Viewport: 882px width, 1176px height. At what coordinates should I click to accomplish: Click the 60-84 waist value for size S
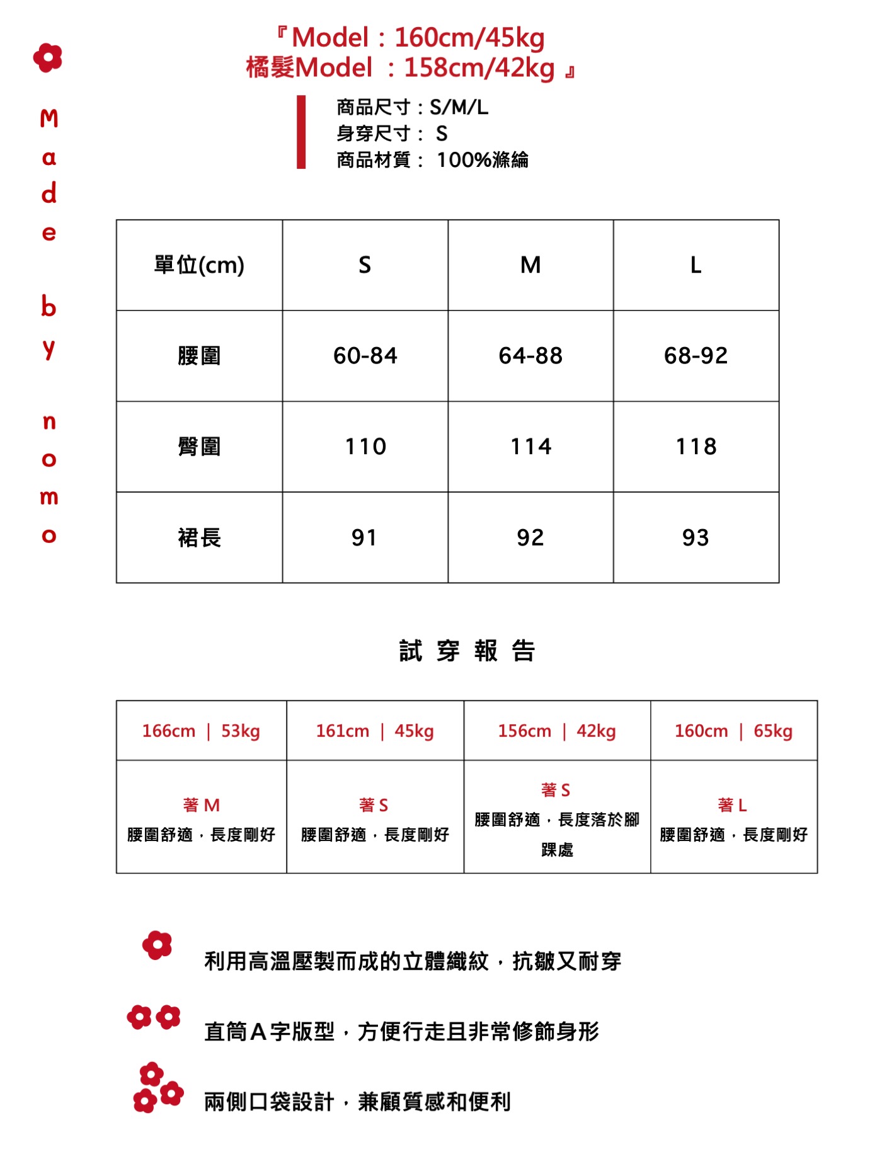click(365, 356)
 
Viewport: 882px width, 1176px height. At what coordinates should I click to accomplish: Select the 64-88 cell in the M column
click(530, 356)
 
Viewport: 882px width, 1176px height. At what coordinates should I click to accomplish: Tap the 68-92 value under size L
click(696, 356)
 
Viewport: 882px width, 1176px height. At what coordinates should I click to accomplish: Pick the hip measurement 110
click(365, 447)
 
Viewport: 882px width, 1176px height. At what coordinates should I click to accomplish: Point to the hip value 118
click(696, 447)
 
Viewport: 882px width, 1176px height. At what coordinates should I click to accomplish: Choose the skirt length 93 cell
click(696, 537)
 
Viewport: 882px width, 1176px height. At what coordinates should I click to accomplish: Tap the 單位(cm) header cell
click(199, 265)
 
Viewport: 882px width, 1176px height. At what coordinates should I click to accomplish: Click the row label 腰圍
click(199, 356)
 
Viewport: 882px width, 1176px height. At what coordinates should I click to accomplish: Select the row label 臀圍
click(199, 447)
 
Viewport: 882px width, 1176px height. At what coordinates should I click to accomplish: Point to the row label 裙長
click(199, 537)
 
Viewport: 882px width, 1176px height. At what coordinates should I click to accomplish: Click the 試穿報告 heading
click(467, 651)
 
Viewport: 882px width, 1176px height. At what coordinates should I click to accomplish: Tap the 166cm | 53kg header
click(201, 731)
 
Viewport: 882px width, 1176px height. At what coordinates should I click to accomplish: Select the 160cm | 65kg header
click(733, 731)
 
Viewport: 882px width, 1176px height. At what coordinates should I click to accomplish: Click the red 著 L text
click(732, 805)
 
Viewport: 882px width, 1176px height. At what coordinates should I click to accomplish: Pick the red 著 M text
click(201, 805)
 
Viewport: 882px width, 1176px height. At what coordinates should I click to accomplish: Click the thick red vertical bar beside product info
click(301, 132)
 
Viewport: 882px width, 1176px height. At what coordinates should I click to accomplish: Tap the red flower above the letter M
click(48, 58)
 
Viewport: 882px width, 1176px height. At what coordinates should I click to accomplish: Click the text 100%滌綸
click(483, 160)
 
